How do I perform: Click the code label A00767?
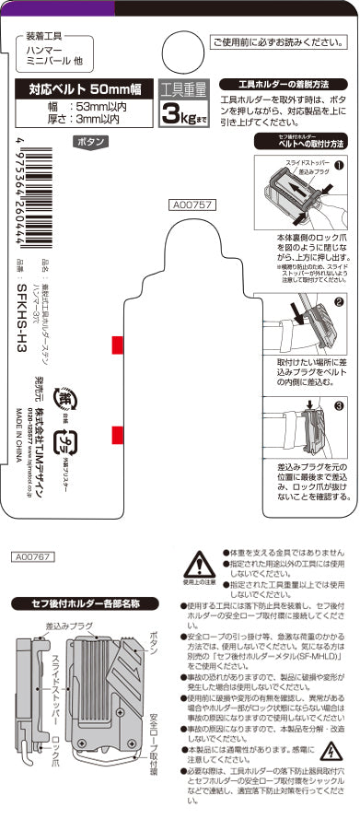33,556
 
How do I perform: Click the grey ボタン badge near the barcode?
89,142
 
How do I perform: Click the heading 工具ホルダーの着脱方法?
290,84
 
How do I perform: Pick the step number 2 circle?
338,301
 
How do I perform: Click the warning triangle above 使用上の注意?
196,565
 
